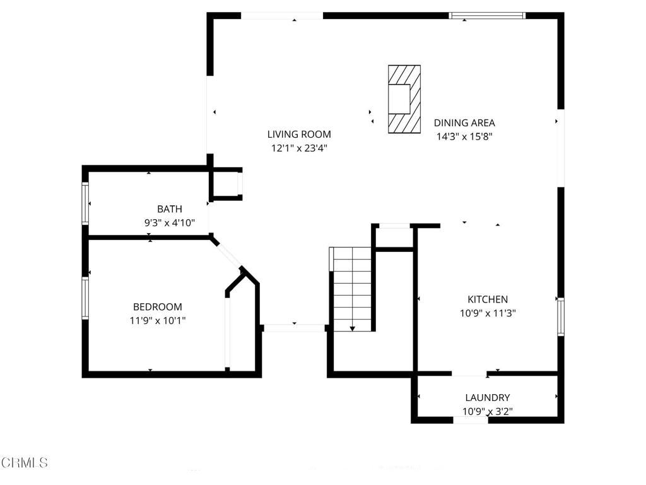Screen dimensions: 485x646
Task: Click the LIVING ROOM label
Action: (298, 134)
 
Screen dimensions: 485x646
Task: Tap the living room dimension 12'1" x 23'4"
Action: (298, 148)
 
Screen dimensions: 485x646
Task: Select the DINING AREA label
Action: (464, 123)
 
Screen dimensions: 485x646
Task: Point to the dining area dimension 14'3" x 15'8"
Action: (464, 136)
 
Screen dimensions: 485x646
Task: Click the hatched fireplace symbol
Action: (404, 99)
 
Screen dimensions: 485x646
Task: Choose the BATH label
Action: (170, 209)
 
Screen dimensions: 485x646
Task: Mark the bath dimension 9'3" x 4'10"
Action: (170, 222)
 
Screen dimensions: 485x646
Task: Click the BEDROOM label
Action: (158, 307)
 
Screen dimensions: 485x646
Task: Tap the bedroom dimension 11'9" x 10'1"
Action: (158, 320)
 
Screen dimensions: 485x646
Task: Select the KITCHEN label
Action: (488, 299)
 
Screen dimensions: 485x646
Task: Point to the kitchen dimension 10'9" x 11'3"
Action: (488, 313)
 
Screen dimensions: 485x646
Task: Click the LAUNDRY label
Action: (488, 397)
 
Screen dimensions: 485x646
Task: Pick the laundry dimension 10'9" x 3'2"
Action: (488, 411)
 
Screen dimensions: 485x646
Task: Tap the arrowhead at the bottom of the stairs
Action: (352, 328)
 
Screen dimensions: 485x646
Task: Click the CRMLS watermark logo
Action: (24, 463)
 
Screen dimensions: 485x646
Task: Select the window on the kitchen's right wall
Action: (560, 316)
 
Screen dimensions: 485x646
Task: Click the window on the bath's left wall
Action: (85, 203)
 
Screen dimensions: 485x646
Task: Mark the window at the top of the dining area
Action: (487, 16)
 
